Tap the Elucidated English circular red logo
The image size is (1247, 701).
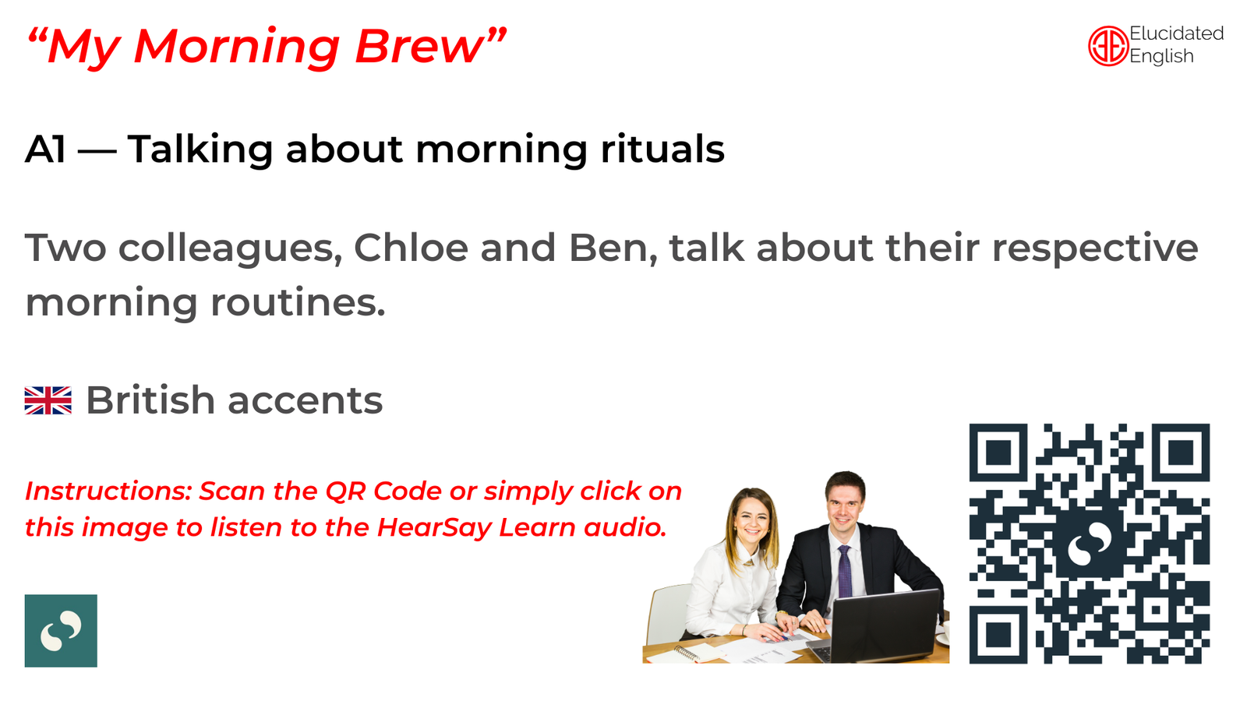pyautogui.click(x=1107, y=46)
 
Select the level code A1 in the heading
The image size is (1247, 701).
pyautogui.click(x=46, y=150)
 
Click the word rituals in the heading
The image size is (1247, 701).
pyautogui.click(x=662, y=149)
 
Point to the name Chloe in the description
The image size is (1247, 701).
pyautogui.click(x=411, y=247)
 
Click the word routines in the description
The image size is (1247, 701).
pyautogui.click(x=298, y=302)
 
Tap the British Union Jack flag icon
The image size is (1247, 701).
pyautogui.click(x=48, y=400)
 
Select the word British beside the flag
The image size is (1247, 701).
pyautogui.click(x=150, y=400)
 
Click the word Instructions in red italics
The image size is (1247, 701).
pyautogui.click(x=108, y=491)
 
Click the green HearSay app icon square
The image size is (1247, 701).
pyautogui.click(x=61, y=630)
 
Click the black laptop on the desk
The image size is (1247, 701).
pyautogui.click(x=885, y=626)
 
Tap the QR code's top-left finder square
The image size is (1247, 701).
pyautogui.click(x=998, y=453)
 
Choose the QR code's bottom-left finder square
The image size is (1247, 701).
pyautogui.click(x=998, y=634)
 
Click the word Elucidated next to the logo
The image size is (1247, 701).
pyautogui.click(x=1176, y=33)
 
